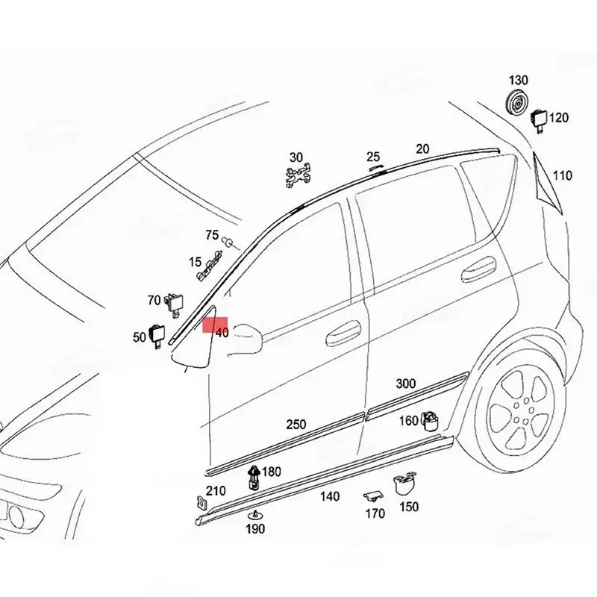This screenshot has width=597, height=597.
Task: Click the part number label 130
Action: click(519, 80)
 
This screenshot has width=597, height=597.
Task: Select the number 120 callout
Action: click(559, 117)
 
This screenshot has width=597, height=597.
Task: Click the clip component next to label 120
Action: click(539, 118)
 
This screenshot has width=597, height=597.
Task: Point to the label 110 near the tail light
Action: click(563, 175)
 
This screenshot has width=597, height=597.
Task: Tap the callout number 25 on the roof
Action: click(373, 157)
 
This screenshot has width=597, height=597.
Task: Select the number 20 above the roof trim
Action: click(422, 149)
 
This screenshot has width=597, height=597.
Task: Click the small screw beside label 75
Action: click(229, 241)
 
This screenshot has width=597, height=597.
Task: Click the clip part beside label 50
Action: click(159, 335)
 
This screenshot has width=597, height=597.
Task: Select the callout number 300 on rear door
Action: click(405, 384)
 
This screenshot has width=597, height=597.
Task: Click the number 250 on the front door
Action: click(296, 424)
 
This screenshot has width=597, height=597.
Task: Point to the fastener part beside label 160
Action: click(430, 421)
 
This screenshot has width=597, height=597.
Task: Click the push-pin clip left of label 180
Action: click(254, 476)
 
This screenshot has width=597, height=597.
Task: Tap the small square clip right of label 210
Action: click(199, 504)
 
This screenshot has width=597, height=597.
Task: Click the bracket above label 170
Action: click(373, 496)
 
